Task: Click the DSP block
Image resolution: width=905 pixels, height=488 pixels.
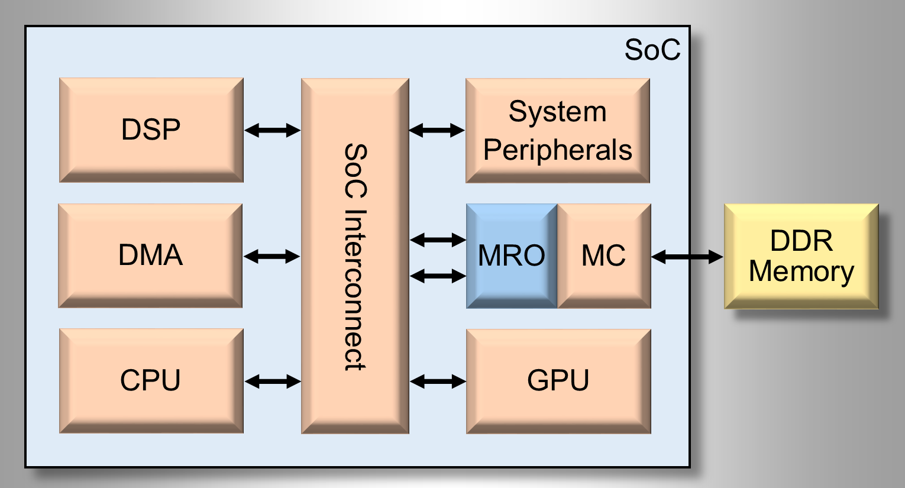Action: pos(151,130)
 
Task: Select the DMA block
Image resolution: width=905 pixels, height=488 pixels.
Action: pos(150,256)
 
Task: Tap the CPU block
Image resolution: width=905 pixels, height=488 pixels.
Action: pos(151,381)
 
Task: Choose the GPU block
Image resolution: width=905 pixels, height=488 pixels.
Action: pos(558,381)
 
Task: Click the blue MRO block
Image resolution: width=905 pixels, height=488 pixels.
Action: pos(512,256)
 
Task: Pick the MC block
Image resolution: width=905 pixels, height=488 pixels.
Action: pos(604,256)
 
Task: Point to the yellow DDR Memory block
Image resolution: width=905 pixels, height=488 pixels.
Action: pos(801,256)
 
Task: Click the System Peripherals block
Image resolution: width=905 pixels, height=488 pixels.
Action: pos(558,130)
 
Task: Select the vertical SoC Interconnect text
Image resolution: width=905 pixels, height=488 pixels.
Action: pos(355,257)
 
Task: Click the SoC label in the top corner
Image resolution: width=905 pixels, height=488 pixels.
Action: pos(652,50)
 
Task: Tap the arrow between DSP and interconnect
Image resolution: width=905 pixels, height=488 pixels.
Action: pos(273,130)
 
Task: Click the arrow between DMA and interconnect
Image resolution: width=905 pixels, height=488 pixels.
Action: pos(272,256)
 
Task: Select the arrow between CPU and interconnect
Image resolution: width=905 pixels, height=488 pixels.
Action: pos(273,382)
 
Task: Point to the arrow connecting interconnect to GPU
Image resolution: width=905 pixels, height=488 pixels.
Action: pos(438,382)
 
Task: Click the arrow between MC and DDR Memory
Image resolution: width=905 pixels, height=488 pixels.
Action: pos(687,257)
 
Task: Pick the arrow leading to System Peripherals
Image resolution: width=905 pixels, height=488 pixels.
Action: pos(437,130)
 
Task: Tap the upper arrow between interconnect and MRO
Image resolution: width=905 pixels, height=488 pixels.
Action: pos(438,240)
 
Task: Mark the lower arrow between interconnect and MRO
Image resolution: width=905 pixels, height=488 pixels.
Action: pos(438,276)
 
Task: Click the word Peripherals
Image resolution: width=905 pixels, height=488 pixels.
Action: pos(558,150)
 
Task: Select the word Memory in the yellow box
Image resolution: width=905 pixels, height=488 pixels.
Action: pos(801,272)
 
